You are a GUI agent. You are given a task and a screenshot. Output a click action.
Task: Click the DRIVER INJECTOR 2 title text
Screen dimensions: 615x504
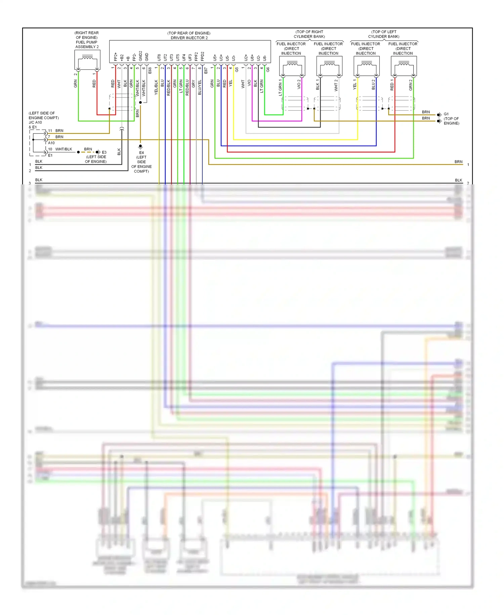[x=189, y=38]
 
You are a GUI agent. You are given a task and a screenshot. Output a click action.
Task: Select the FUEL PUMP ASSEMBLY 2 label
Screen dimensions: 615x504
[x=87, y=44]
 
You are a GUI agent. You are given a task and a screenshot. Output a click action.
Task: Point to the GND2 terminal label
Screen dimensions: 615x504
[x=140, y=56]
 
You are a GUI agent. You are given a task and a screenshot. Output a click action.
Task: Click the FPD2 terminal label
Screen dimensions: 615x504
[x=202, y=56]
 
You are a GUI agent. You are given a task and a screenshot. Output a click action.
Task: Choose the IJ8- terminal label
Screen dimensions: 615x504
[x=264, y=58]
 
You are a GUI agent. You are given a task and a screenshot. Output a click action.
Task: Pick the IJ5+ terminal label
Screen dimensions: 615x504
[x=215, y=58]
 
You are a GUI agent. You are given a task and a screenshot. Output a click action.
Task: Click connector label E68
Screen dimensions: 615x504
[x=150, y=70]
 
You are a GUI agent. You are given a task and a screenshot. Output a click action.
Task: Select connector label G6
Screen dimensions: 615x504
[x=268, y=70]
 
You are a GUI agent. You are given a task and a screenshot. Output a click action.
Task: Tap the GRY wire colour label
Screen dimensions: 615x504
[x=193, y=84]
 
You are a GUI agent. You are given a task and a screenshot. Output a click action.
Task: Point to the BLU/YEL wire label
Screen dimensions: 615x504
[x=200, y=87]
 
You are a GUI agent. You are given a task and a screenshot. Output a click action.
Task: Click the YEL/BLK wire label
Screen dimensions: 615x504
[x=156, y=87]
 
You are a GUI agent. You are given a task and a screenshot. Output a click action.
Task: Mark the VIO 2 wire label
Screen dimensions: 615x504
[x=299, y=84]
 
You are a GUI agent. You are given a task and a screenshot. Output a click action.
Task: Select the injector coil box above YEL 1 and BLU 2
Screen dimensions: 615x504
[x=367, y=66]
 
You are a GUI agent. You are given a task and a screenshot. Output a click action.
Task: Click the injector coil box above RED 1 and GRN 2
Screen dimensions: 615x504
[x=404, y=66]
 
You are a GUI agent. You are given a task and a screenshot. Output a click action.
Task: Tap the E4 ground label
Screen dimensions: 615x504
[x=141, y=152]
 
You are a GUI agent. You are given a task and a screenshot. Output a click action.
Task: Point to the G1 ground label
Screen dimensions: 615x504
[x=446, y=114]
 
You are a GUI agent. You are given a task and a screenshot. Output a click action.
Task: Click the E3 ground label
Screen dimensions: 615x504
[x=104, y=152]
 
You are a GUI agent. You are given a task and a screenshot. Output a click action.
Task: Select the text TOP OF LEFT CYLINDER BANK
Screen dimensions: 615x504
[x=384, y=34]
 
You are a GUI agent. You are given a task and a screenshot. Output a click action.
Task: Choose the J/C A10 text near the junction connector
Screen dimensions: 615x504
[x=35, y=122]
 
